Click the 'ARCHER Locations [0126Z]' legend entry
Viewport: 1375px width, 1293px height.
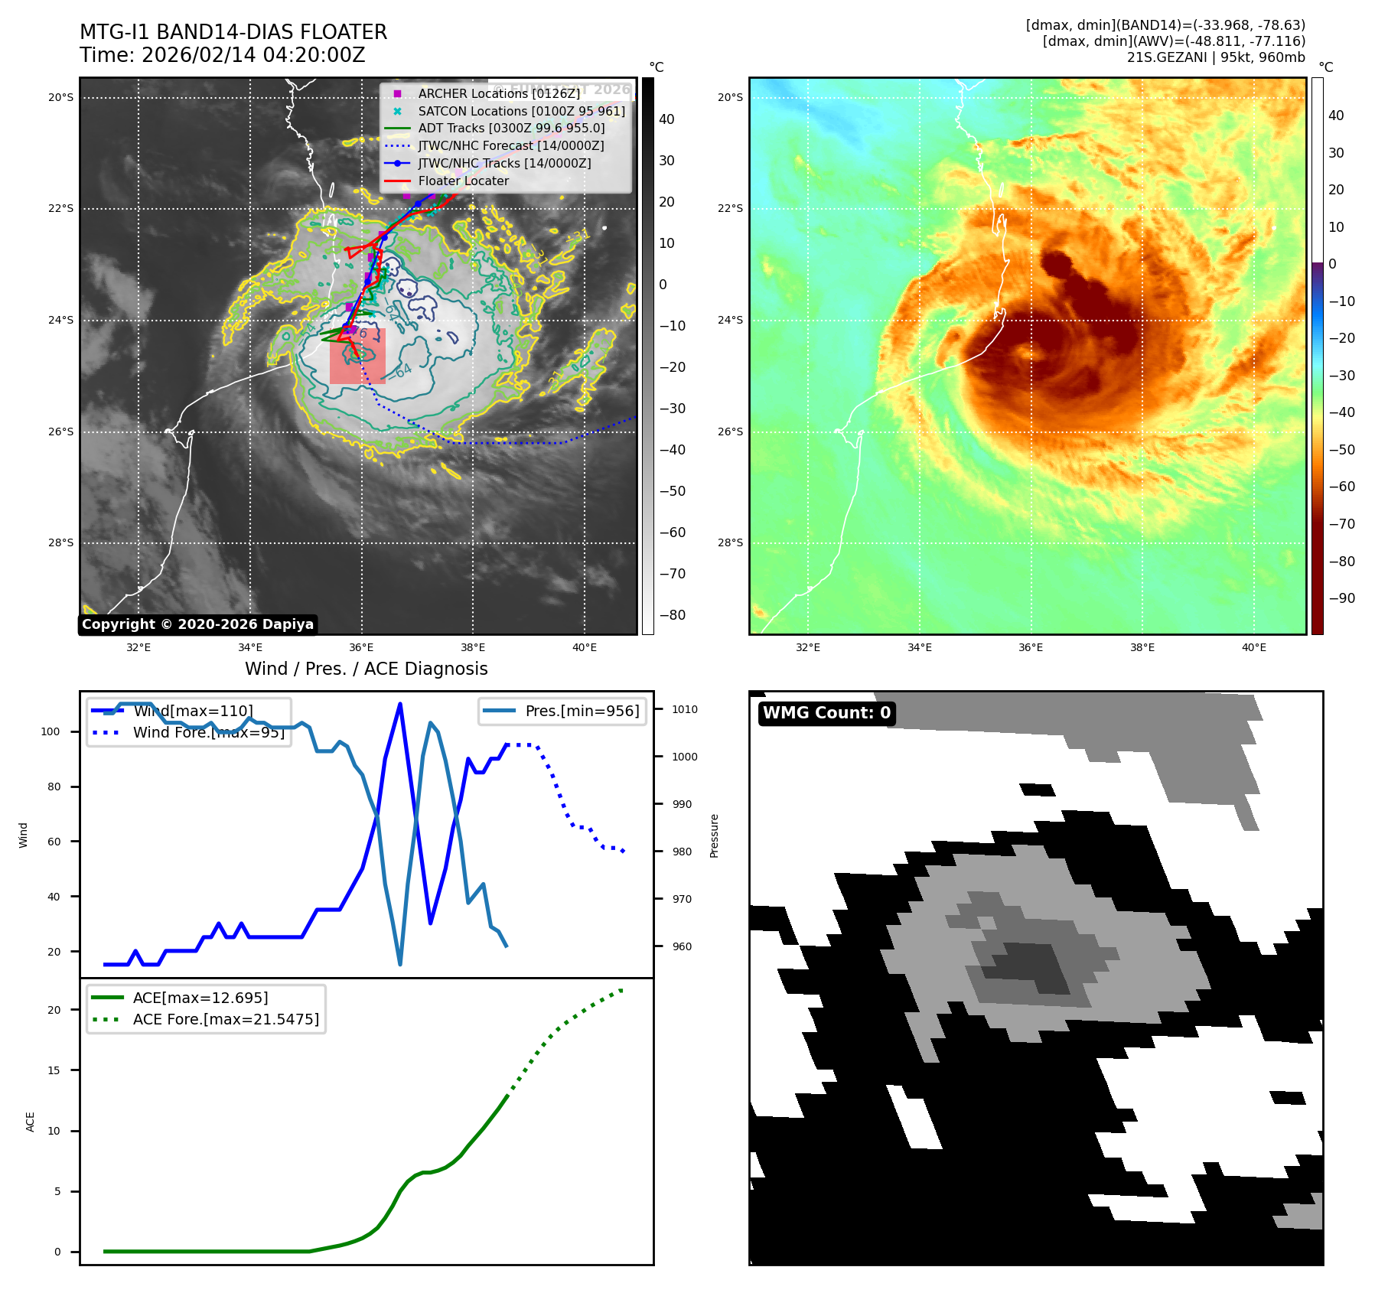click(x=499, y=93)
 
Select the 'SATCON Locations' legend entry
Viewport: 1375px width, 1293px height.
click(x=521, y=111)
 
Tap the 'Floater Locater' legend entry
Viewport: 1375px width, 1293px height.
click(x=463, y=181)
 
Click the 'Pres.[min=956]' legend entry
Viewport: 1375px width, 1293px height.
click(x=582, y=711)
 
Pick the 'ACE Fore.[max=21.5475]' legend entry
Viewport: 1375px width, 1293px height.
click(x=226, y=1019)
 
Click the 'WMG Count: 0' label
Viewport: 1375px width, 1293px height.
click(x=826, y=713)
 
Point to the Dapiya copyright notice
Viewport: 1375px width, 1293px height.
click(x=197, y=624)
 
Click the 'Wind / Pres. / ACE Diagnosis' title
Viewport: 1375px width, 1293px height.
click(x=366, y=669)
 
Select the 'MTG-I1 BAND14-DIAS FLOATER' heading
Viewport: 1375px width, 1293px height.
click(x=233, y=32)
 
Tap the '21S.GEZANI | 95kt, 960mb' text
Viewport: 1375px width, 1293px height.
click(x=1215, y=57)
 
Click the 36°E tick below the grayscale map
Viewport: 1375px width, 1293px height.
click(x=361, y=647)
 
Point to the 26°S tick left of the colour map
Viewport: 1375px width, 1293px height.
click(x=729, y=432)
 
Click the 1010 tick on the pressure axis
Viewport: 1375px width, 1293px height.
click(x=684, y=709)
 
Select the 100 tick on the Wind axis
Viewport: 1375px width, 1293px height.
click(x=51, y=731)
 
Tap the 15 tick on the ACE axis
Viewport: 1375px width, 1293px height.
click(x=54, y=1070)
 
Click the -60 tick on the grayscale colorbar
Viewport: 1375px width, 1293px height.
click(x=673, y=533)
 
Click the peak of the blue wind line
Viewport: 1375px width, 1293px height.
click(x=400, y=704)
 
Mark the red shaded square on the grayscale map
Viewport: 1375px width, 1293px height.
click(x=357, y=356)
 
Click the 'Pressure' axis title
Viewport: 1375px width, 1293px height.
click(x=714, y=835)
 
